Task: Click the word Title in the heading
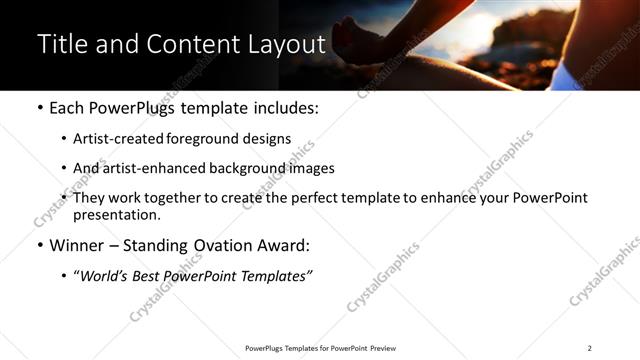[x=59, y=45]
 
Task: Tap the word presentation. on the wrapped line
[x=117, y=214]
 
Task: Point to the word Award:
[x=285, y=246]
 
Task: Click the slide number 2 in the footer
[x=589, y=348]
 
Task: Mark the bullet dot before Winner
[x=40, y=246]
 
